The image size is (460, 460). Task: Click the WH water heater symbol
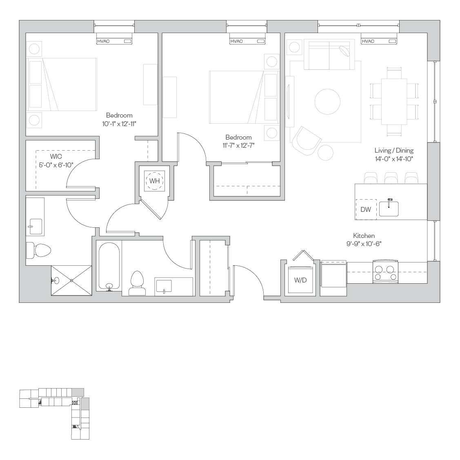(155, 181)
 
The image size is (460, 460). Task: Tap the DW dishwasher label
(366, 209)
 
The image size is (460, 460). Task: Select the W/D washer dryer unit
(300, 280)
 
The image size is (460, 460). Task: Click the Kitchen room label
(364, 236)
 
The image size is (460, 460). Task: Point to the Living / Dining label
(394, 151)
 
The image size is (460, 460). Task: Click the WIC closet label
(56, 156)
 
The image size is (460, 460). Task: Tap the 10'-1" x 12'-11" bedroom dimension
(119, 124)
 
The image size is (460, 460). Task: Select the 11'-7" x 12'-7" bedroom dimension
(238, 145)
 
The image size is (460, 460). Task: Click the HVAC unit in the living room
(379, 41)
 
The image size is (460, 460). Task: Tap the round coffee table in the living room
(327, 102)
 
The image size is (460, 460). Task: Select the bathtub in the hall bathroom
(109, 266)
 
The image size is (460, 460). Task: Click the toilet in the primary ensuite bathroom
(38, 251)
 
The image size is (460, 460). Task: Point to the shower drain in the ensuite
(71, 280)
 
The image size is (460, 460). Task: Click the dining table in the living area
(394, 102)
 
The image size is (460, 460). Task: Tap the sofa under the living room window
(329, 55)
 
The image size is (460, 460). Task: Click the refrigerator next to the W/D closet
(333, 273)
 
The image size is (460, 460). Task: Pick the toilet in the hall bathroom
(137, 283)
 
